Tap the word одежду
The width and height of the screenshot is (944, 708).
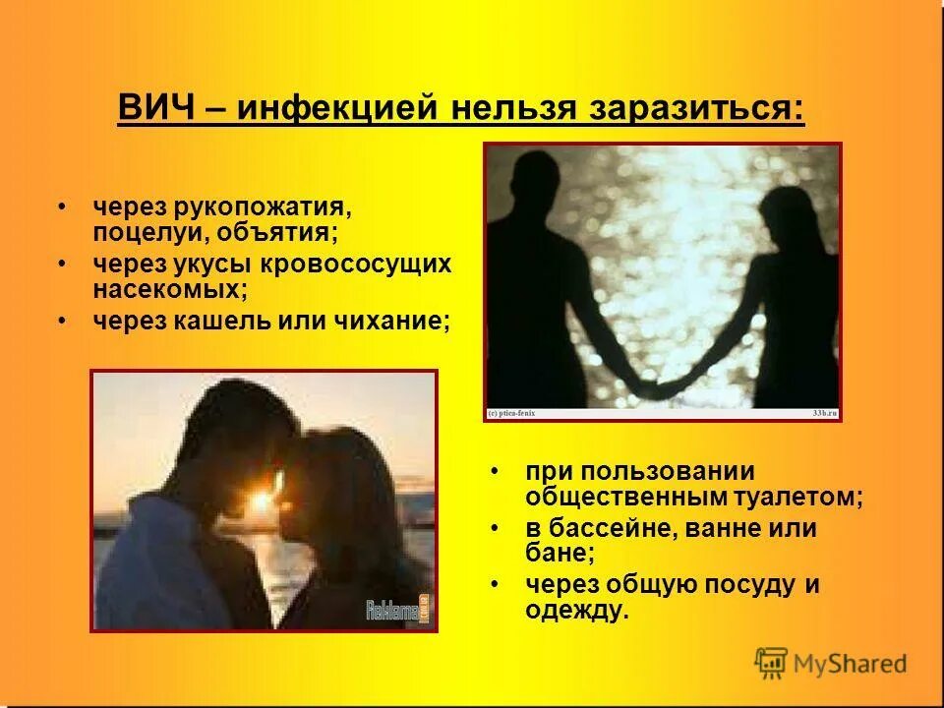576,611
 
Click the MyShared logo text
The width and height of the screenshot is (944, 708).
852,663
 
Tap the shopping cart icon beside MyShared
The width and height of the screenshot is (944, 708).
772,663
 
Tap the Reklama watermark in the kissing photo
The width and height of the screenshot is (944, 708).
396,609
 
